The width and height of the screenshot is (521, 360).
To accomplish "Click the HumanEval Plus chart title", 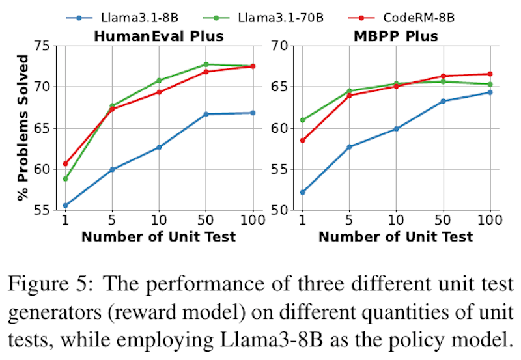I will point(159,36).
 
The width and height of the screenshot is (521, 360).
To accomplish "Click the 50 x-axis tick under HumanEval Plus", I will point(206,221).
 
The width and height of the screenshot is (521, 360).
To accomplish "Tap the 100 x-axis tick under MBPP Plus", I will point(490,221).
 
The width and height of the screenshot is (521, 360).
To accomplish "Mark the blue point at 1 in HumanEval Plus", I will point(65,205).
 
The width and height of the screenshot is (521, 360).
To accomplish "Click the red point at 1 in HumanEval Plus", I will point(65,163).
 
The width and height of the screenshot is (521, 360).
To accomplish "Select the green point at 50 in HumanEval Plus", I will point(206,64).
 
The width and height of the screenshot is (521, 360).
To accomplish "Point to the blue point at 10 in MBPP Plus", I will point(396,129).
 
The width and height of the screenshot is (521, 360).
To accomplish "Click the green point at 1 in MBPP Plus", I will point(302,120).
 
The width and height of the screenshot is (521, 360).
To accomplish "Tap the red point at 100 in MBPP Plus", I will point(490,74).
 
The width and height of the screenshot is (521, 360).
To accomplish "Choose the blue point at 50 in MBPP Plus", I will point(443,101).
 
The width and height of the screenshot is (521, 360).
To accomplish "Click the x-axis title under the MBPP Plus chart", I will point(396,237).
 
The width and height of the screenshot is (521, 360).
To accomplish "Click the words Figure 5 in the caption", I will point(49,283).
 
